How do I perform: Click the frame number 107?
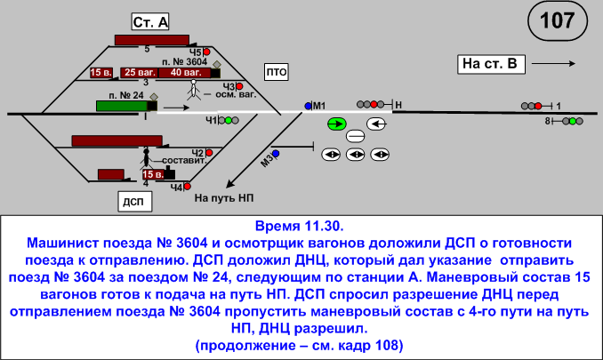tap(557, 22)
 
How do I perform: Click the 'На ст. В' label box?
tap(490, 63)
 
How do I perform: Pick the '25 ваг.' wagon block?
tap(139, 72)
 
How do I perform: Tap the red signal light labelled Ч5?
tap(206, 52)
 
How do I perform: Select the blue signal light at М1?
tap(308, 106)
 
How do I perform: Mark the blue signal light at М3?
tap(276, 154)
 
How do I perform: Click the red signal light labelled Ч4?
tap(188, 187)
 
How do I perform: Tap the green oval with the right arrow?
tap(337, 124)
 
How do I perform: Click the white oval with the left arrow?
tap(379, 124)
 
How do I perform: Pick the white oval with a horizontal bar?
tap(356, 137)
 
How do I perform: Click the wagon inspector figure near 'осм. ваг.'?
tap(193, 90)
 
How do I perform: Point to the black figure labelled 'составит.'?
tap(145, 159)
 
